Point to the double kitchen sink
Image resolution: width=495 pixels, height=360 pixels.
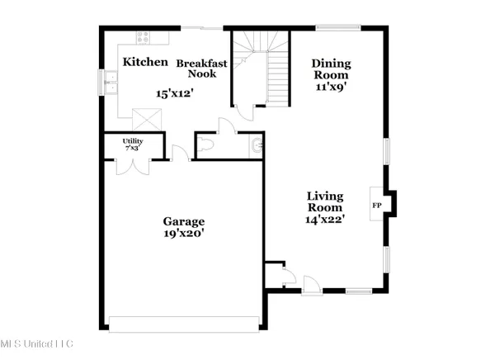pyautogui.click(x=111, y=83)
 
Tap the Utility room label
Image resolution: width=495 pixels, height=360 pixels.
pyautogui.click(x=133, y=144)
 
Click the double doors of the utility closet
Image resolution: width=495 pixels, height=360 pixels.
pyautogui.click(x=133, y=163)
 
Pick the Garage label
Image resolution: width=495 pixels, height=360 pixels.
pyautogui.click(x=183, y=221)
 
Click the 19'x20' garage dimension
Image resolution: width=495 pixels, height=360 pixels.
pyautogui.click(x=183, y=234)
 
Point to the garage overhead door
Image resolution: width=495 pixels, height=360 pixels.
pyautogui.click(x=182, y=324)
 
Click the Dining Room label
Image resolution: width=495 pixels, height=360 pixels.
pyautogui.click(x=331, y=69)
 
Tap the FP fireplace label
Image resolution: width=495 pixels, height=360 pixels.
pyautogui.click(x=377, y=205)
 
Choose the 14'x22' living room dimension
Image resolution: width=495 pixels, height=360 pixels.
pyautogui.click(x=325, y=219)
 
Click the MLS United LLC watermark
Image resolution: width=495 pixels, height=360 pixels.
pyautogui.click(x=37, y=343)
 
